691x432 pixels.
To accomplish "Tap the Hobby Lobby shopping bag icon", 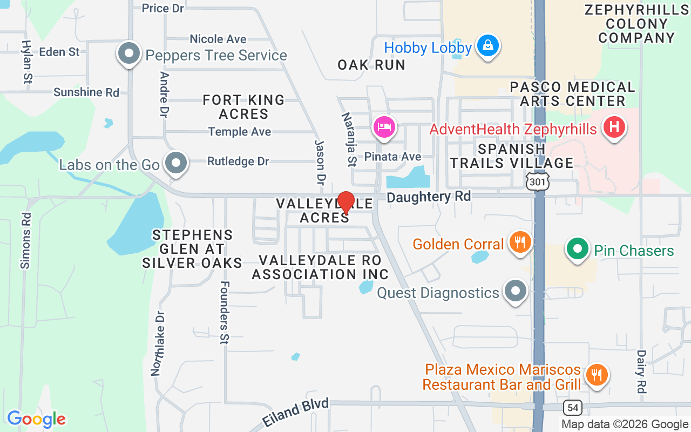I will pos(488,46).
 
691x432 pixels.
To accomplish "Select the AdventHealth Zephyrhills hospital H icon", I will pos(613,127).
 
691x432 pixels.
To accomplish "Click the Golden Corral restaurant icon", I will pos(519,242).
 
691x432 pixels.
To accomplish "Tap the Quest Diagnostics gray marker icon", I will pos(516,291).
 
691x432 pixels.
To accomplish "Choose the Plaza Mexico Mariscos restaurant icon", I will pos(597,374).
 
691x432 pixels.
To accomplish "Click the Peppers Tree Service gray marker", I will pos(129,53).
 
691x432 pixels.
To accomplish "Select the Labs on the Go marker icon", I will pos(175,163).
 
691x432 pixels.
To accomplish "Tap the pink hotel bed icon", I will pos(384,128).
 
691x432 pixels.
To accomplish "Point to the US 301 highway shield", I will pos(538,181).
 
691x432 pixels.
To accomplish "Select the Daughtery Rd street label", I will pos(429,197).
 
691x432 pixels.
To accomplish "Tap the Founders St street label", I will pos(225,312).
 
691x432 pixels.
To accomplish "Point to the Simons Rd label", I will pos(26,240).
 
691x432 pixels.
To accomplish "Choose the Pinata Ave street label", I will pos(392,157).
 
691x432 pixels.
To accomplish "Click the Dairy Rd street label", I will pos(641,371).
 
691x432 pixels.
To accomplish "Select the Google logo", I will pos(36,418).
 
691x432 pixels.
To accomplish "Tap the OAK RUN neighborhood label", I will pos(371,65).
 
